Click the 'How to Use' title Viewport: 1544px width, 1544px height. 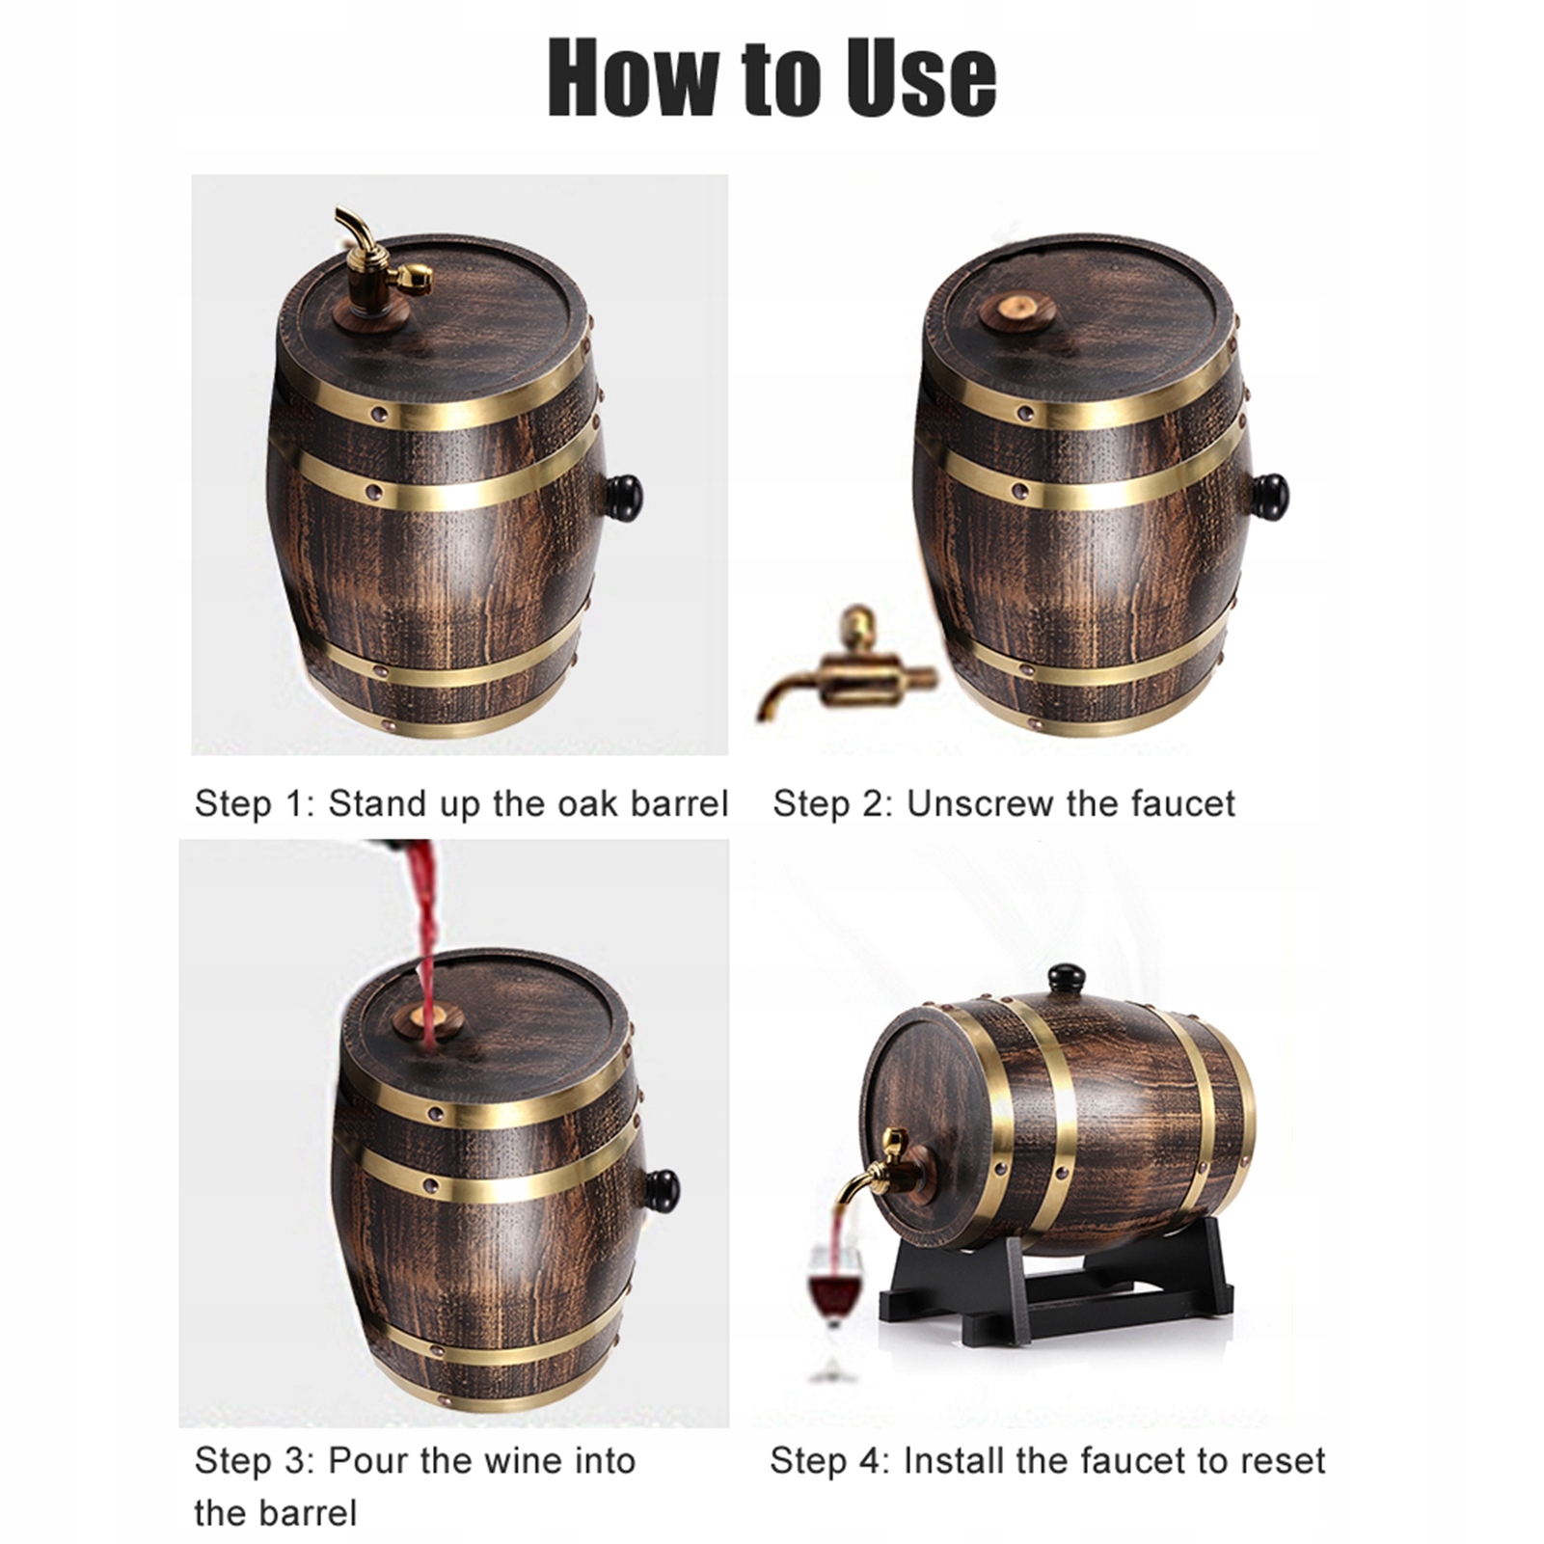pos(772,77)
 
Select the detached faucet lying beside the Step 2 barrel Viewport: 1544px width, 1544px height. pos(844,665)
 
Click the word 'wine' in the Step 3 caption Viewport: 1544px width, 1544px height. pos(522,1461)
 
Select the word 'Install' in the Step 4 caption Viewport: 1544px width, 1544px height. pos(952,1461)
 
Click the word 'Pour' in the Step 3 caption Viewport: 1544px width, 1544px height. pos(369,1461)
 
